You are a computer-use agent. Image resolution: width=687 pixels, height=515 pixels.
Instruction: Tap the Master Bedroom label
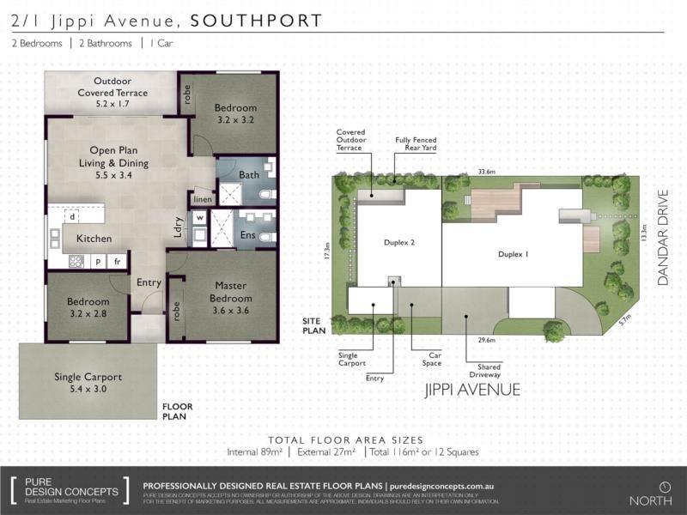[231, 304]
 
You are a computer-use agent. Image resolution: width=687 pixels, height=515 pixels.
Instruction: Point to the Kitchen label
[94, 238]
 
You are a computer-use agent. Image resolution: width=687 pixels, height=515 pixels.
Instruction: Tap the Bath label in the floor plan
[249, 175]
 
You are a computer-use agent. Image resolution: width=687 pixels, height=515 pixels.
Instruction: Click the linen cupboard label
[203, 199]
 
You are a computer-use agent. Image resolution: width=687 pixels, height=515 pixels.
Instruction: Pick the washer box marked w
[199, 218]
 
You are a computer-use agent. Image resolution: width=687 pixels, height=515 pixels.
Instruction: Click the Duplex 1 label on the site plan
[513, 254]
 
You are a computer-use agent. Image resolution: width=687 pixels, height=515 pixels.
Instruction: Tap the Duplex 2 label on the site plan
[399, 243]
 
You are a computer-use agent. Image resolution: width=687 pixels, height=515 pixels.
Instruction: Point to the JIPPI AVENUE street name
[473, 390]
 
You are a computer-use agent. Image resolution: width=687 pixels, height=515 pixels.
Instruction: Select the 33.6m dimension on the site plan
[486, 172]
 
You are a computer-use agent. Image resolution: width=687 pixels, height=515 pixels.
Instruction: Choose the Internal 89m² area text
[255, 451]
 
